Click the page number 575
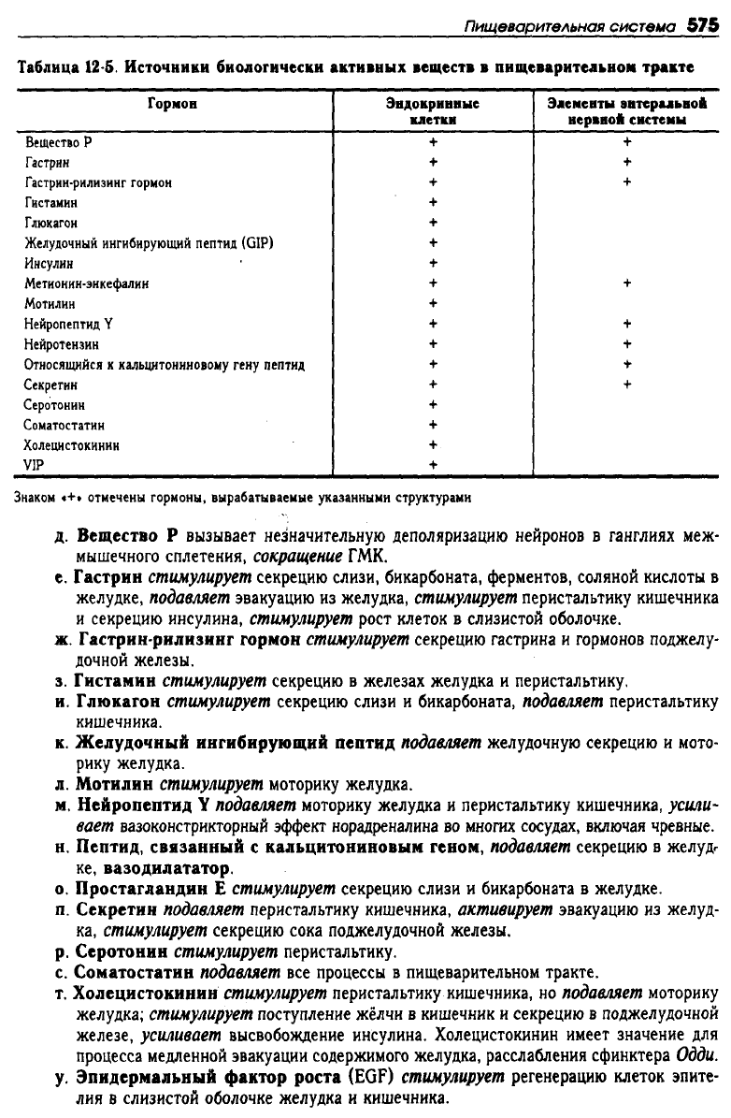[x=700, y=27]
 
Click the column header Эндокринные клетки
[x=433, y=111]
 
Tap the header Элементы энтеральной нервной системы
[x=626, y=111]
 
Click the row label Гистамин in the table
[x=51, y=202]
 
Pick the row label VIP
[x=35, y=465]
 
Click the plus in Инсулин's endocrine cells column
[x=433, y=263]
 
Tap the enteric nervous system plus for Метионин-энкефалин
[x=626, y=283]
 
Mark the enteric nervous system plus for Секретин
[x=626, y=384]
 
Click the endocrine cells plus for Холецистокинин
[x=433, y=444]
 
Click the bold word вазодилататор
[x=165, y=869]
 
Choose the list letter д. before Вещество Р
[x=60, y=538]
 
